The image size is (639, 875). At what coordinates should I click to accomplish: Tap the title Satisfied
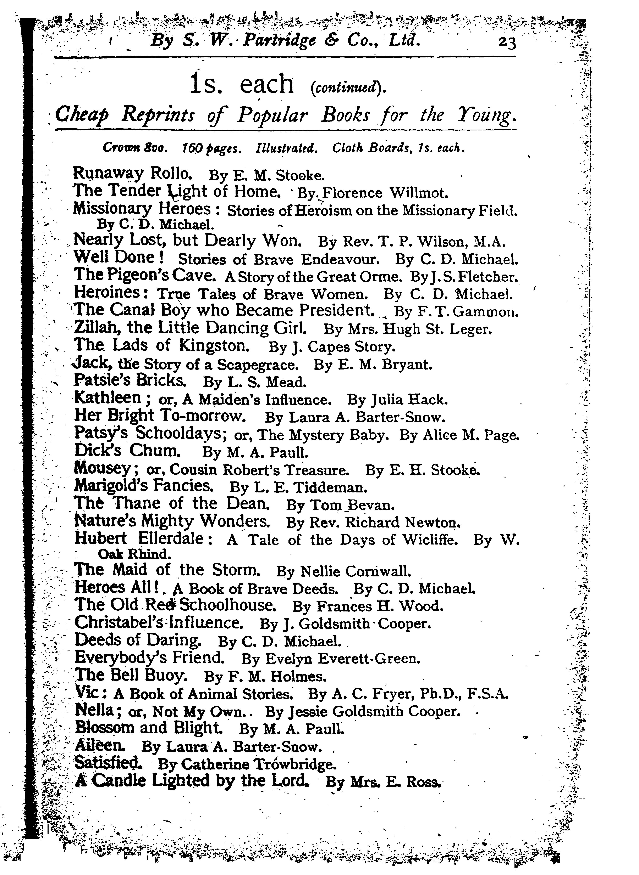coord(107,763)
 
